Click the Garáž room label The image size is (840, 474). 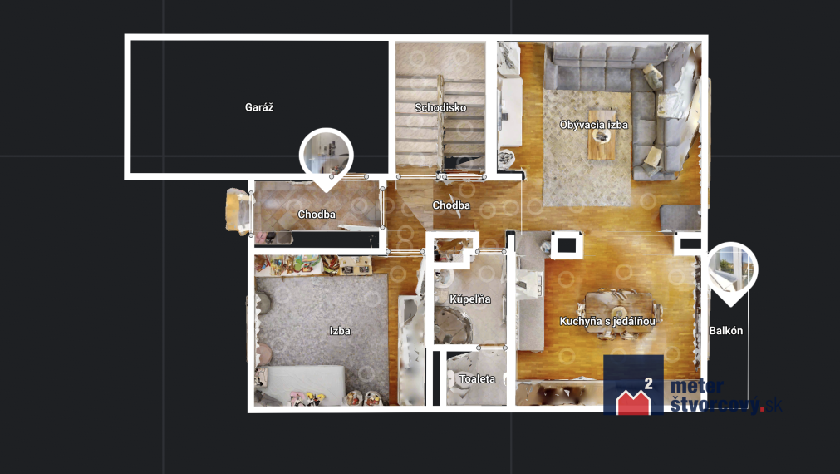pyautogui.click(x=259, y=107)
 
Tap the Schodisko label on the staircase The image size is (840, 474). pyautogui.click(x=440, y=108)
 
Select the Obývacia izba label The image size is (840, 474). pyautogui.click(x=593, y=125)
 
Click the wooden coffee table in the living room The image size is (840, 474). pyautogui.click(x=602, y=135)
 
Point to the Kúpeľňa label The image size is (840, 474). pyautogui.click(x=469, y=299)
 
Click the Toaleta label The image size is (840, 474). pyautogui.click(x=477, y=379)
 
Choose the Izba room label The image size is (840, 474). pyautogui.click(x=340, y=331)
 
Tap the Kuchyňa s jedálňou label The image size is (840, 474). pyautogui.click(x=607, y=322)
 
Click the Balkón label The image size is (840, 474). pyautogui.click(x=726, y=331)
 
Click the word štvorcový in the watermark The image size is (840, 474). pyautogui.click(x=715, y=405)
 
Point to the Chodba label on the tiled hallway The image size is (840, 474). pyautogui.click(x=317, y=215)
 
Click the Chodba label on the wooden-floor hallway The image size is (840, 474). pyautogui.click(x=451, y=205)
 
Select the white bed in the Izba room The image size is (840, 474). pyautogui.click(x=306, y=385)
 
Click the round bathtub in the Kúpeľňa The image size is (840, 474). pyautogui.click(x=453, y=325)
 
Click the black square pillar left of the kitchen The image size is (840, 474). pyautogui.click(x=567, y=245)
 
